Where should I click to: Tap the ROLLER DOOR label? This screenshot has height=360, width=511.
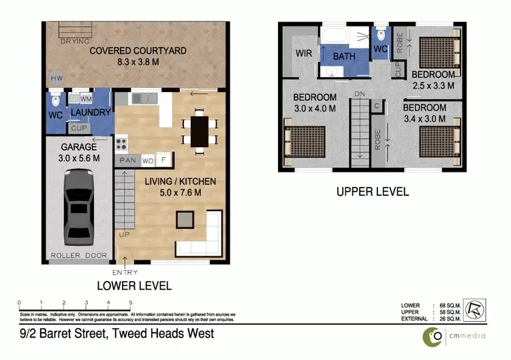(79, 256)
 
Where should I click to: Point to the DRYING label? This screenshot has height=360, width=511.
(74, 41)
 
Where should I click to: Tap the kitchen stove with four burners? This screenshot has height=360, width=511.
(122, 144)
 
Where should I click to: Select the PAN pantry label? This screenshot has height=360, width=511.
(127, 161)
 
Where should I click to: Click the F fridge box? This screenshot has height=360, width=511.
(162, 161)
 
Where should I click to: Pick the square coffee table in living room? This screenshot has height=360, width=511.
(184, 219)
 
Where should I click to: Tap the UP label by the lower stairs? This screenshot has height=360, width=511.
(124, 234)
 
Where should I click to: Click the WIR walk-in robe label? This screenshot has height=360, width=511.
(303, 53)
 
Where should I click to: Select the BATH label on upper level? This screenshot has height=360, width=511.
(344, 56)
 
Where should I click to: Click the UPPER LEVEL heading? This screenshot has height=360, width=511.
(373, 192)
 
